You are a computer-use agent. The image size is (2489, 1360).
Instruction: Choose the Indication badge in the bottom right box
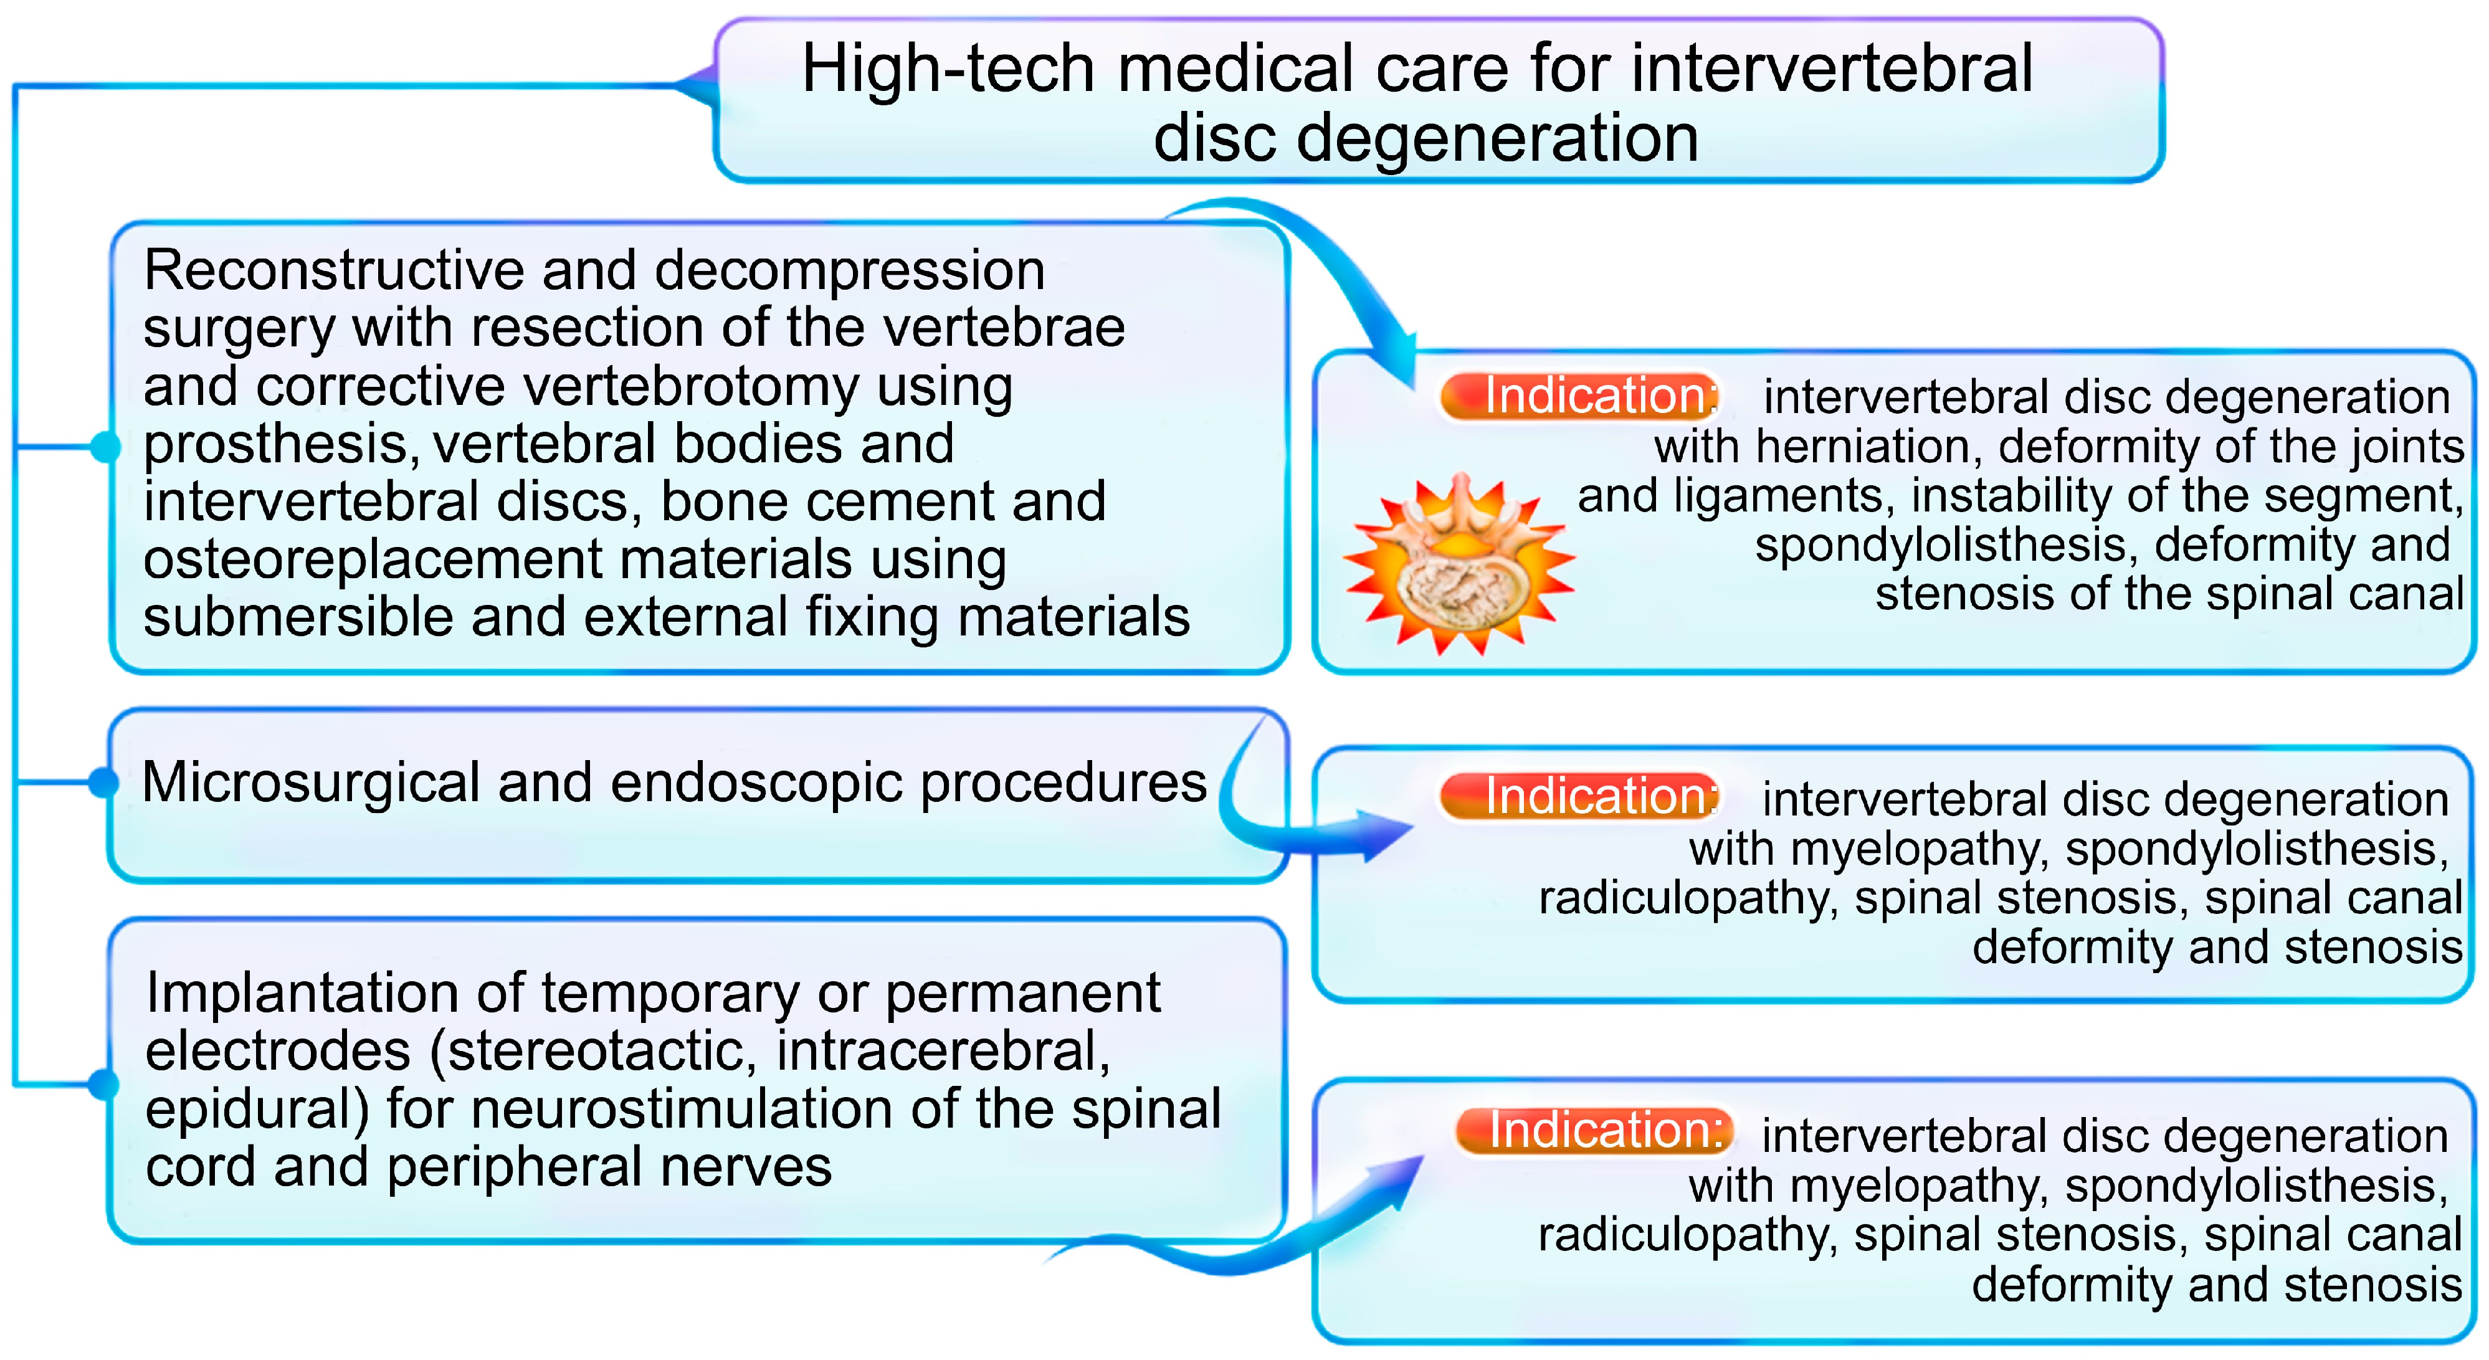[x=1594, y=1130]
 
